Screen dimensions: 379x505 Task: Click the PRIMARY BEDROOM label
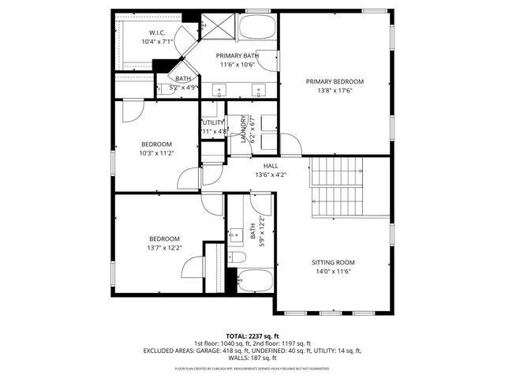coord(335,82)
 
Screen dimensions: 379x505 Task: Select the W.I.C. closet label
coord(155,32)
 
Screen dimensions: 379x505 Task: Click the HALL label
coord(271,166)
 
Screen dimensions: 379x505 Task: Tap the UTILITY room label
coord(213,123)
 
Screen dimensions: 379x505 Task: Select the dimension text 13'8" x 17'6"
coord(335,92)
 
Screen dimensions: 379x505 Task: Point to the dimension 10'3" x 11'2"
coord(156,154)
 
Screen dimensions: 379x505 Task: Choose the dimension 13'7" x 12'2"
coord(165,248)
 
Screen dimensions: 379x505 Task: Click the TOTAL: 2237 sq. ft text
coord(252,336)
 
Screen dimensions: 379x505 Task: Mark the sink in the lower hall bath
coord(236,235)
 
